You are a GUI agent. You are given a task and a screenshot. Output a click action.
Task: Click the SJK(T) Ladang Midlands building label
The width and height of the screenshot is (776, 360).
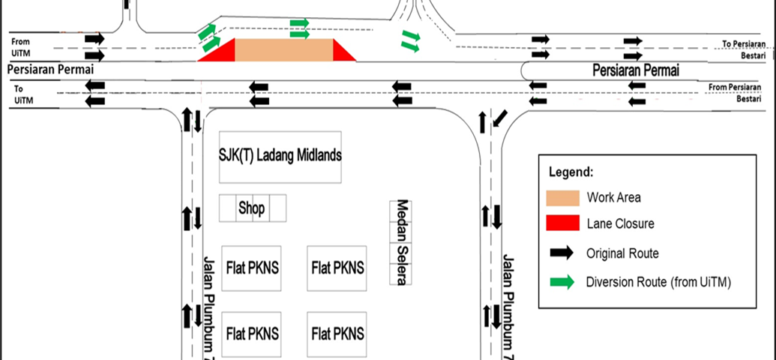coord(280,156)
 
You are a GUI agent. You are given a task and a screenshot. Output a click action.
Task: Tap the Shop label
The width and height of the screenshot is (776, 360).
coord(251,208)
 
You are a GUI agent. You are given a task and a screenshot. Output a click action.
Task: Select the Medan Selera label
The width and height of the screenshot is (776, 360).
coord(401,242)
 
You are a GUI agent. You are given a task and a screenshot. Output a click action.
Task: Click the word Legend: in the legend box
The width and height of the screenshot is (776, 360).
coord(571,172)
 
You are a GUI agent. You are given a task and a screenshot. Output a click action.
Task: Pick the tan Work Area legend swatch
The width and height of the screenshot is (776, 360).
coord(563,197)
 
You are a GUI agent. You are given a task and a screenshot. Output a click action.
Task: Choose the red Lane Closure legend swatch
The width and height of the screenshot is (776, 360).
coord(563,223)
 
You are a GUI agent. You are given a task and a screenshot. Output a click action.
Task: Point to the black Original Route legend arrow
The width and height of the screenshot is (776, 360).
coord(562,253)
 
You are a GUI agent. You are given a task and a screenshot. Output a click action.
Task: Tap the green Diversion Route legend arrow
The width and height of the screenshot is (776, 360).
coord(562,282)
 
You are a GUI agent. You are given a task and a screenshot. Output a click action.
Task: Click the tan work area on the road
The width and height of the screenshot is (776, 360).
coord(283,50)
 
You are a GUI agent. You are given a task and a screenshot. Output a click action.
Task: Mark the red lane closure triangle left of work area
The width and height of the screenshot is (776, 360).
coord(222,53)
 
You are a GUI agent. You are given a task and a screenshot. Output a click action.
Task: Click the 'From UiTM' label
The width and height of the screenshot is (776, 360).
coord(20,47)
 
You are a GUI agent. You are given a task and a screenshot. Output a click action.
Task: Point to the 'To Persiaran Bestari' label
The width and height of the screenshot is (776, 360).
coord(742,49)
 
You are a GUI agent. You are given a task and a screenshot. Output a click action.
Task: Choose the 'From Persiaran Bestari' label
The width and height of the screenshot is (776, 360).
coord(735,92)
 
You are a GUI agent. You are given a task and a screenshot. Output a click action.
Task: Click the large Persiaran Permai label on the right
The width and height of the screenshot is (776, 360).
coord(636,70)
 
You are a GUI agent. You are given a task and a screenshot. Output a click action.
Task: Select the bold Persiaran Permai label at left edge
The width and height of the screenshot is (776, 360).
coord(50,69)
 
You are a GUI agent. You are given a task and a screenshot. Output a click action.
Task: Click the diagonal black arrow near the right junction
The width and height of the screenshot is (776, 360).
coord(500,118)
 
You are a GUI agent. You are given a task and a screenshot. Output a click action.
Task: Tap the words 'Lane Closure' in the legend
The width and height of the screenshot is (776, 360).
coord(621,223)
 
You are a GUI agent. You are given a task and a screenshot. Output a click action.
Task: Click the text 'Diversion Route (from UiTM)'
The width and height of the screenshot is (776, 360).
coord(659,283)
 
